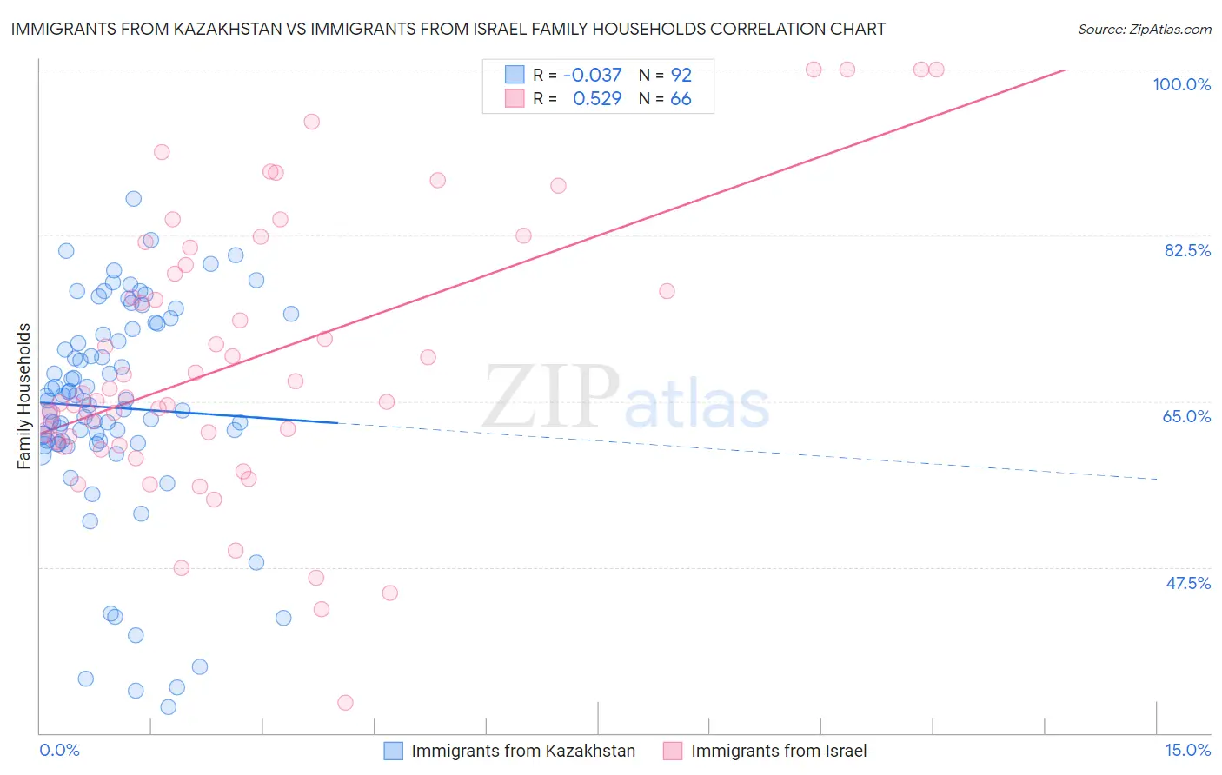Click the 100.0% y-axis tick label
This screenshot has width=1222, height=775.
[x=1181, y=84]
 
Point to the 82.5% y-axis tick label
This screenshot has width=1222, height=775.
[x=1187, y=250]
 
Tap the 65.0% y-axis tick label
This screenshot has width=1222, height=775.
[x=1186, y=416]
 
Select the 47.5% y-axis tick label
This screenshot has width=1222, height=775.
[x=1188, y=583]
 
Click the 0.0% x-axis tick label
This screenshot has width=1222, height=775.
[x=59, y=750]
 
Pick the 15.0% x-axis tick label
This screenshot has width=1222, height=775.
[x=1187, y=750]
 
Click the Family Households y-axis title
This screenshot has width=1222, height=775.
[x=24, y=395]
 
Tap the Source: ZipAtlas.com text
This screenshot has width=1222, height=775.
[x=1144, y=30]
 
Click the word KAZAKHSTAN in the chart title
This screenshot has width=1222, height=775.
[x=216, y=29]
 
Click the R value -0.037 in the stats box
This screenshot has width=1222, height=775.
[x=593, y=75]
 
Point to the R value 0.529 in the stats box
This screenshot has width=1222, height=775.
[x=597, y=99]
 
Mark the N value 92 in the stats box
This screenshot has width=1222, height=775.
[x=681, y=75]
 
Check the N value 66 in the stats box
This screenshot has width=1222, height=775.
[x=681, y=99]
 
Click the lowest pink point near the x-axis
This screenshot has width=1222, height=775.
[x=345, y=702]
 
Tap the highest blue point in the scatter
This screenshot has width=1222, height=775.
[x=134, y=199]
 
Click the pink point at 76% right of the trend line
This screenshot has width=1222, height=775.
[x=667, y=291]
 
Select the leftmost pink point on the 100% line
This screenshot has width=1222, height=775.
[x=814, y=70]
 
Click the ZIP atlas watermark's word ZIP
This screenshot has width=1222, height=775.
[x=551, y=397]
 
